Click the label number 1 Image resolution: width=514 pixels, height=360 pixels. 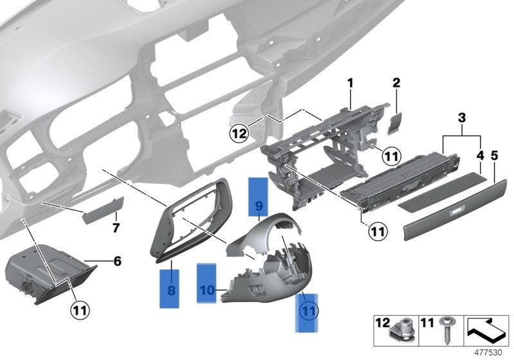pos(351,83)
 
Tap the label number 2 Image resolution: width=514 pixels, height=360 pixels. pos(396,83)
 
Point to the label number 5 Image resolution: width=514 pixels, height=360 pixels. pos(494,155)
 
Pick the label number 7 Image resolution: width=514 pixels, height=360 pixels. pos(116,228)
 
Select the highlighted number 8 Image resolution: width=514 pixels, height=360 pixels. pos(170,290)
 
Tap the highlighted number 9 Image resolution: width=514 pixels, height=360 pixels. pos(258,206)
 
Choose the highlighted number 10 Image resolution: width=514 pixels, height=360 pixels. pos(206,290)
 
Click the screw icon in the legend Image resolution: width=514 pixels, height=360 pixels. pos(444,333)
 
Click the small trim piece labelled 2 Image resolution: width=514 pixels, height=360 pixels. pos(394,122)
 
